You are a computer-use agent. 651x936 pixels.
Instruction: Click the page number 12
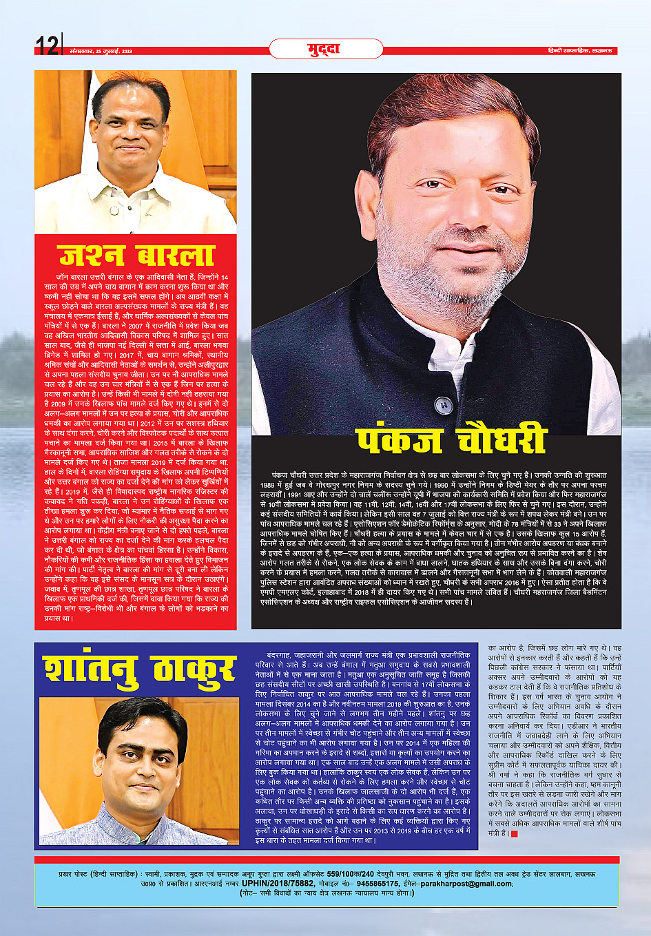click(x=47, y=45)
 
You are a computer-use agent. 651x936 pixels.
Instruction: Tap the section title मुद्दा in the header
click(x=324, y=49)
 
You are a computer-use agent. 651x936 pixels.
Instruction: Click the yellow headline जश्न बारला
click(x=136, y=254)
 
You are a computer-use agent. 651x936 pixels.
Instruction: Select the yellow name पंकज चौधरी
click(x=452, y=440)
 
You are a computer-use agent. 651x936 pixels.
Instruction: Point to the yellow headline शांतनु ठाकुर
click(x=138, y=669)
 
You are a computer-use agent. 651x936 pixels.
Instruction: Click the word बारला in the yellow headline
click(x=176, y=254)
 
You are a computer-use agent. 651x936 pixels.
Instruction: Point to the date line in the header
click(x=101, y=52)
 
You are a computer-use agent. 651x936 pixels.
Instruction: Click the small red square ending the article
click(x=514, y=834)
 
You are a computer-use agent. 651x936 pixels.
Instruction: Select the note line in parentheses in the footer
click(x=327, y=893)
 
